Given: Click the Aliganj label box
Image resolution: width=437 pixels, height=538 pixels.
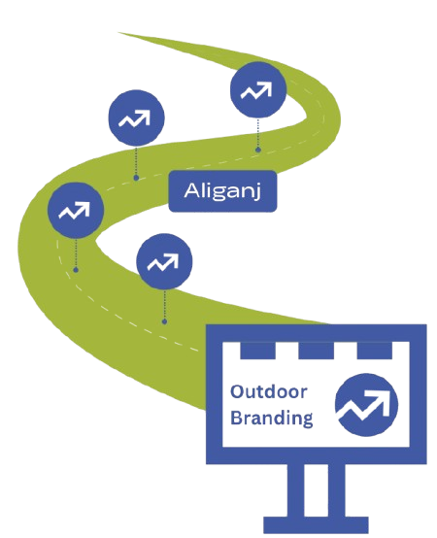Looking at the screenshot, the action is pyautogui.click(x=222, y=190).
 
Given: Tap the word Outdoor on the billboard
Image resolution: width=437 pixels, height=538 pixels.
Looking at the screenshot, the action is pyautogui.click(x=269, y=391).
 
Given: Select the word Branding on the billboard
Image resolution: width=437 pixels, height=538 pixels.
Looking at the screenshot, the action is pyautogui.click(x=271, y=418).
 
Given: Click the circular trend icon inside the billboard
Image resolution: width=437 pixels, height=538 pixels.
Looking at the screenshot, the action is pyautogui.click(x=366, y=405).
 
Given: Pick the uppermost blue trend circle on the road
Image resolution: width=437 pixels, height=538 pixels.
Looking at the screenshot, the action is pyautogui.click(x=258, y=90).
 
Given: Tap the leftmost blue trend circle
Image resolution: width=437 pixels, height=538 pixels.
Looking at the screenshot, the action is pyautogui.click(x=76, y=211).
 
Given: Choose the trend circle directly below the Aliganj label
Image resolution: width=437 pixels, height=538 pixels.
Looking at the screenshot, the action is pyautogui.click(x=164, y=261).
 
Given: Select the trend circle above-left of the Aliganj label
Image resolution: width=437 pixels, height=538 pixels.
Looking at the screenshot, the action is pyautogui.click(x=136, y=118).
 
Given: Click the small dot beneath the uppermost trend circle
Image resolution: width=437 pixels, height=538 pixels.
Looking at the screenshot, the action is pyautogui.click(x=258, y=150).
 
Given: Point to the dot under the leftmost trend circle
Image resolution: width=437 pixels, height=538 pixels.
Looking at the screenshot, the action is pyautogui.click(x=76, y=270).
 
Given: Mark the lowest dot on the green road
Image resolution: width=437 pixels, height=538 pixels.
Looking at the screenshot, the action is pyautogui.click(x=164, y=321).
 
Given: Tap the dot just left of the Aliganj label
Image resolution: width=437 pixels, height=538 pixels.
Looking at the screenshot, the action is pyautogui.click(x=136, y=178).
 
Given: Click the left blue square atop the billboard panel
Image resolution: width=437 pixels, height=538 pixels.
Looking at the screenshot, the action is pyautogui.click(x=257, y=351).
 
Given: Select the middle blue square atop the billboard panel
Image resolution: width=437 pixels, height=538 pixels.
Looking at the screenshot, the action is pyautogui.click(x=316, y=351).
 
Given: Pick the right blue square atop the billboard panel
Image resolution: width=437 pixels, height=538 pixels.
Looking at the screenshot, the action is pyautogui.click(x=374, y=351).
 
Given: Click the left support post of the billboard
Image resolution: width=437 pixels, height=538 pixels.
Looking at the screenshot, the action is pyautogui.click(x=295, y=490).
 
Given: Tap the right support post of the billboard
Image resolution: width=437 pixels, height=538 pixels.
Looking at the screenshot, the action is pyautogui.click(x=337, y=490).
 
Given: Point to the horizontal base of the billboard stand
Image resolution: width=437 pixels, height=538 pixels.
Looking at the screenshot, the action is pyautogui.click(x=316, y=525).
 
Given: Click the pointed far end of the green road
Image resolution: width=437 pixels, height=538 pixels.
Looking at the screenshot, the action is pyautogui.click(x=118, y=33).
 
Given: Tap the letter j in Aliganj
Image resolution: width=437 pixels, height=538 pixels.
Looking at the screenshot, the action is pyautogui.click(x=257, y=191).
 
